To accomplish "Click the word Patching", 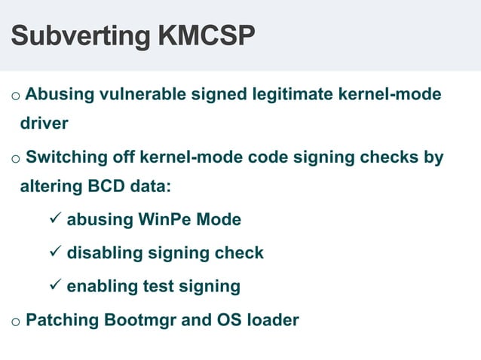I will tap(58, 319).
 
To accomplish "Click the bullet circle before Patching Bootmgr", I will tap(15, 322).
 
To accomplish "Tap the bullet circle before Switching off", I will tap(15, 160).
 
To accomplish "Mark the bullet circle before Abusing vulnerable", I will tap(15, 96).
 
